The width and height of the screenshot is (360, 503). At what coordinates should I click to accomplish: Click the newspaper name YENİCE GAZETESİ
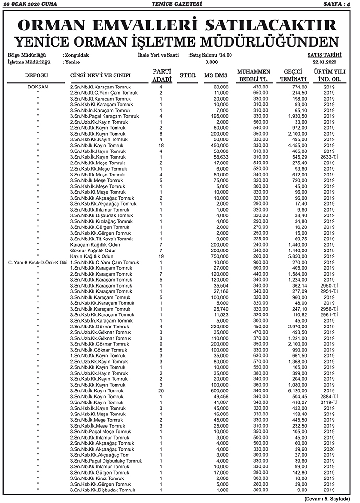(180, 4)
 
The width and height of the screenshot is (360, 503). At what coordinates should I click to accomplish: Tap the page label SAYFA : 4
(340, 4)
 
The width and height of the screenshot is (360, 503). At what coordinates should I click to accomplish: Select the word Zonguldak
(77, 55)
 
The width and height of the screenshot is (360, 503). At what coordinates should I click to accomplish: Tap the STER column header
(187, 75)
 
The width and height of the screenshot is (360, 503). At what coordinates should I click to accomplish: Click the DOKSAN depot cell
(37, 87)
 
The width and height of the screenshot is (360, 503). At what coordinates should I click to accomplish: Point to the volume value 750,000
(219, 256)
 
